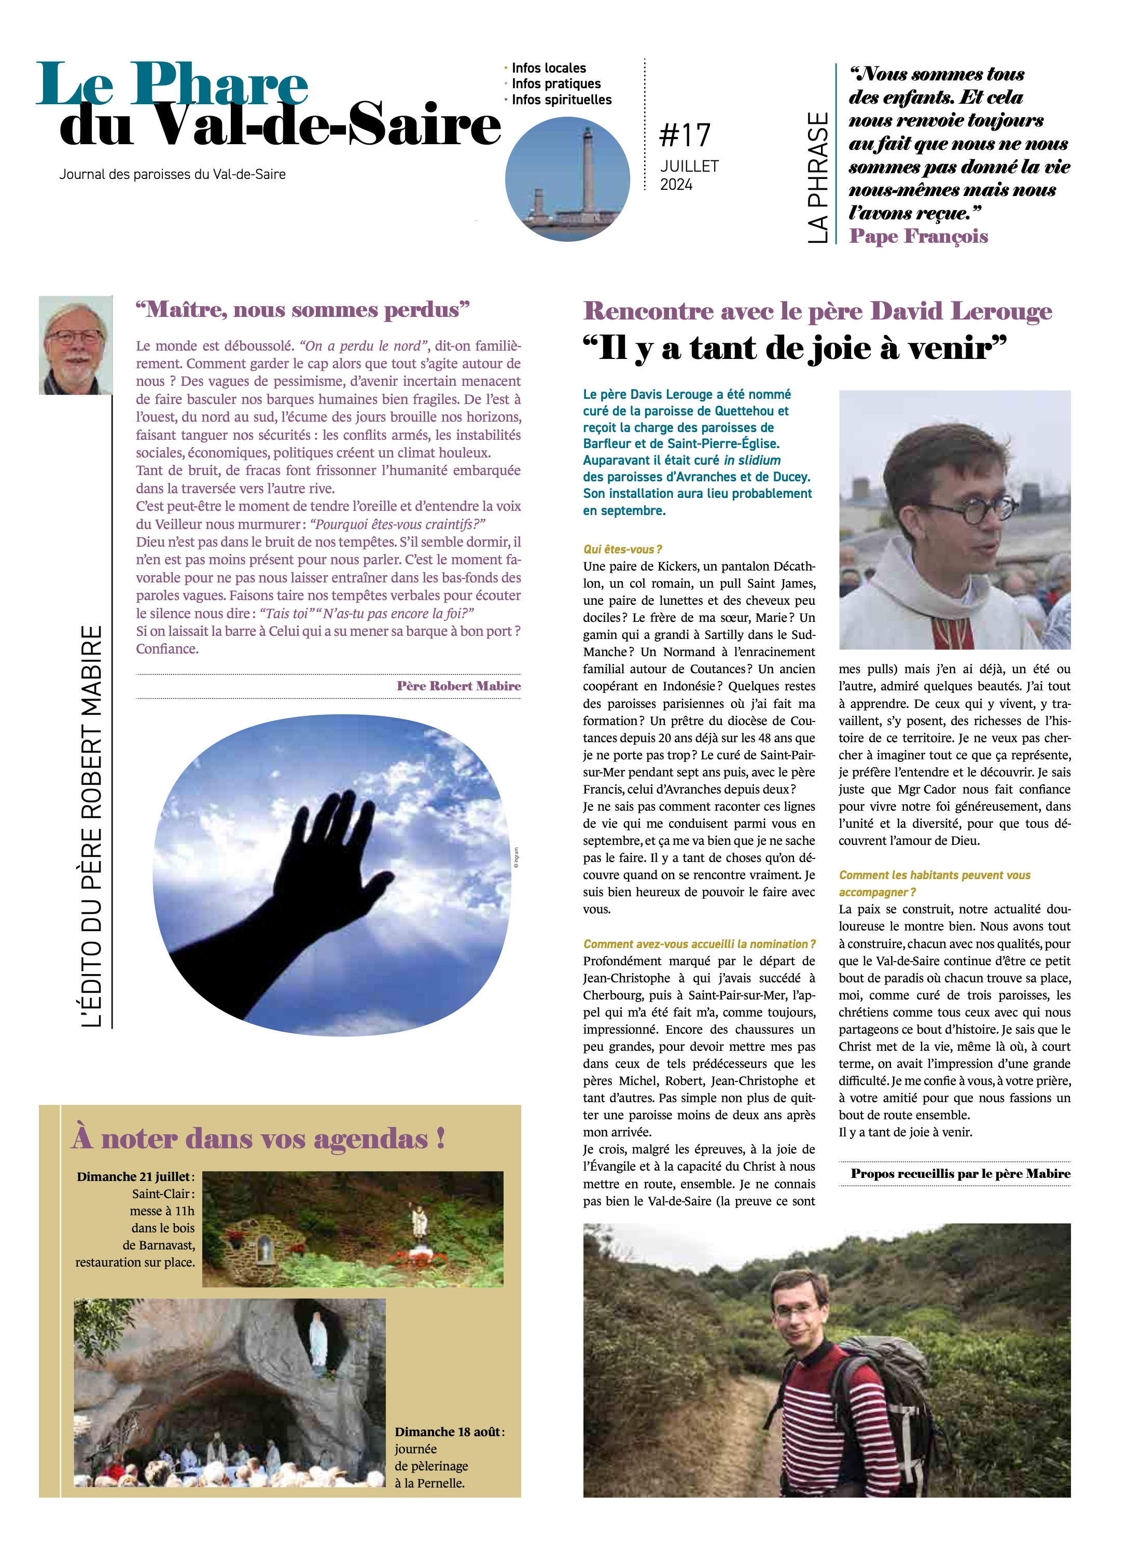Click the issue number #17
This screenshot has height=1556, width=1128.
pos(684,135)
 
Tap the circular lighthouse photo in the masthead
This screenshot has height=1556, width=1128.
pos(567,178)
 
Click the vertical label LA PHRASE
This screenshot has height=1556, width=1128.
pos(817,177)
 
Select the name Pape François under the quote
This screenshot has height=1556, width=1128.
pos(918,236)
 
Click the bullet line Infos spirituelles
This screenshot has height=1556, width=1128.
pos(561,100)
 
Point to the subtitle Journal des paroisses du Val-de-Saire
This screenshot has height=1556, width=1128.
pos(172,174)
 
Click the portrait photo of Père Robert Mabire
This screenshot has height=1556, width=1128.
pos(76,345)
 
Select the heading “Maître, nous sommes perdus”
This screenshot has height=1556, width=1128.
pos(302,310)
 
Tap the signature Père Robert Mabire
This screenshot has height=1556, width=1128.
pos(458,685)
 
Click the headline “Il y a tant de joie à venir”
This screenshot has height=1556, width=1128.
pos(795,348)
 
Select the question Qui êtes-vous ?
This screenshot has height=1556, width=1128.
pos(622,549)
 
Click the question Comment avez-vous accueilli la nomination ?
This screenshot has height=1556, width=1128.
pos(699,944)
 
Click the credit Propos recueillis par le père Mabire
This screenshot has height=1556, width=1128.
pos(960,1173)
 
